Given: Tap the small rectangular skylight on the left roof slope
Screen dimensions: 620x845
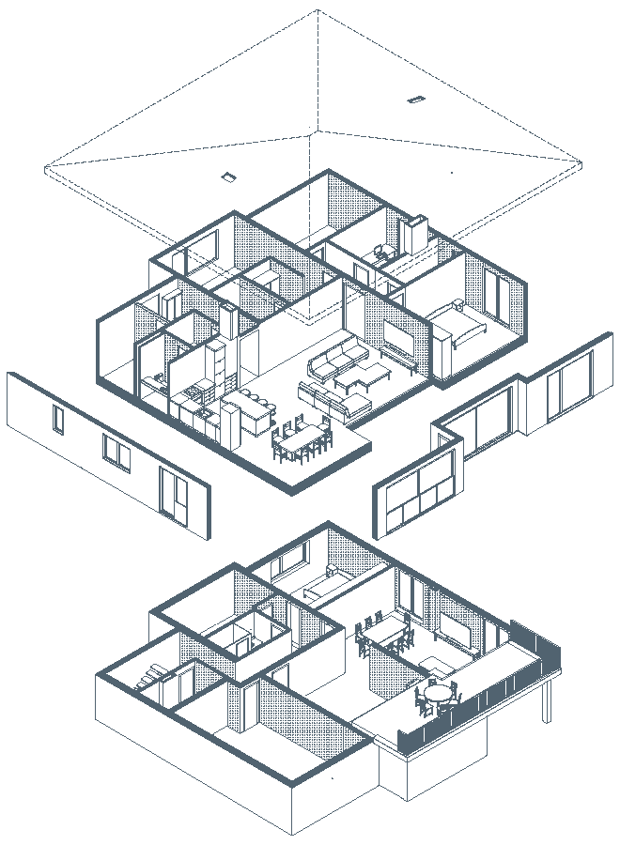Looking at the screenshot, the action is point(227,176).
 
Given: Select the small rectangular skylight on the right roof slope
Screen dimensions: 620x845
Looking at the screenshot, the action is point(415,98).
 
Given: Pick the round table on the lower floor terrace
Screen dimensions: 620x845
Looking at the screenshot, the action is point(438,696).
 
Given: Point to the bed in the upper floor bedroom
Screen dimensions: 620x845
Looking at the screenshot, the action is point(458,330).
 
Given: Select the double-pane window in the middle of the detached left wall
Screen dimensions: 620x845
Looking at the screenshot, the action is point(117,453).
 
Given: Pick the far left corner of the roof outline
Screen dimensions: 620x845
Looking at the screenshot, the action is point(46,169).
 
